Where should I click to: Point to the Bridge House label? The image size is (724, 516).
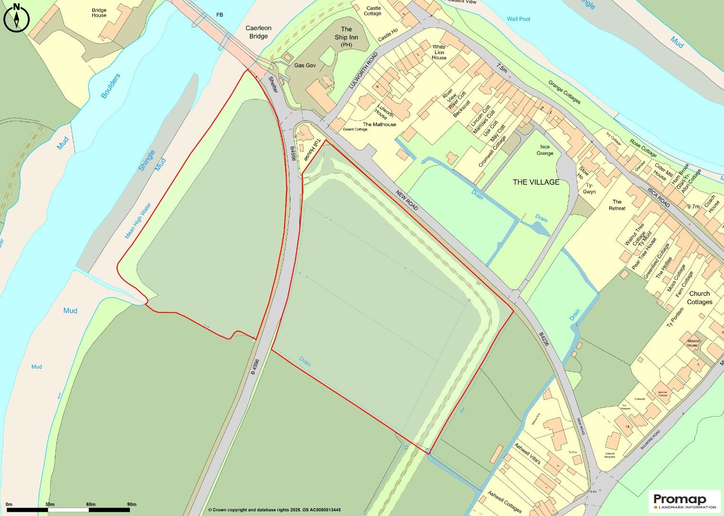point(99,12)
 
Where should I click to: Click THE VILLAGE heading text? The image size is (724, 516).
point(536,182)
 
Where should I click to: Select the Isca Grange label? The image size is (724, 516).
point(545,150)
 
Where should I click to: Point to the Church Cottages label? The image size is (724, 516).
point(700,298)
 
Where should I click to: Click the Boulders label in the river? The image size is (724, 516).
point(111,86)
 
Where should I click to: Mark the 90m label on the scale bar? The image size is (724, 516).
point(131,505)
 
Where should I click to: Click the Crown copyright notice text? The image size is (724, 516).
point(274,510)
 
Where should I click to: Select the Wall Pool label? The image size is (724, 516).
point(518,19)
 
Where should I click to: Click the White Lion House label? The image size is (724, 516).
point(439,53)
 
